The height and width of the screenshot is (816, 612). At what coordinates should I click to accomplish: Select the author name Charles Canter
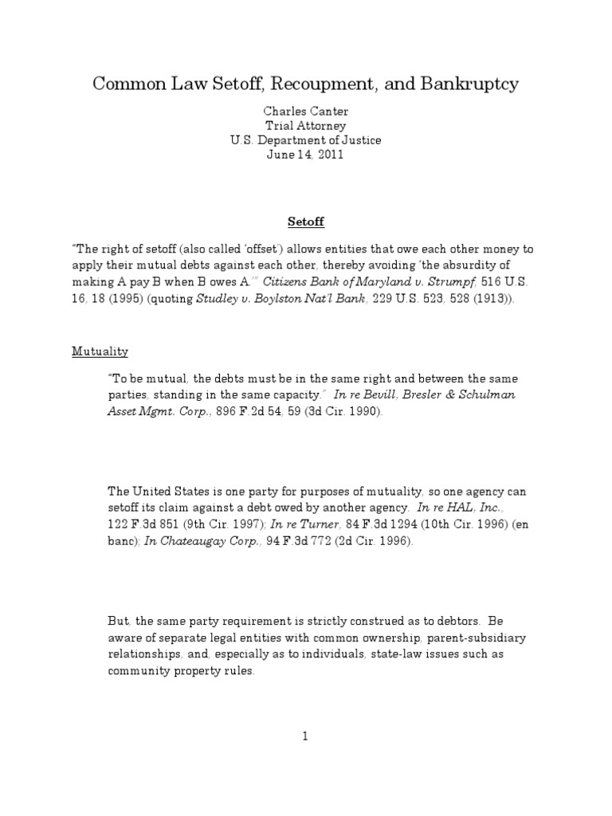coord(305,112)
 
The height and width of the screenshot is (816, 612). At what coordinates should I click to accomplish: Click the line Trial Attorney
coord(305,126)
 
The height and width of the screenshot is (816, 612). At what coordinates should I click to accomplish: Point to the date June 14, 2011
coord(305,155)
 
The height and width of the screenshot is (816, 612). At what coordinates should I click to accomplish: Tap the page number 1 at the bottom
coord(305,736)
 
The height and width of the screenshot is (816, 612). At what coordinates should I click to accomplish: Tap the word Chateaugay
coord(189,541)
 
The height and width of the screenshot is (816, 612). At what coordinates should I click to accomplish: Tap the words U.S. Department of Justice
coord(305,140)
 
